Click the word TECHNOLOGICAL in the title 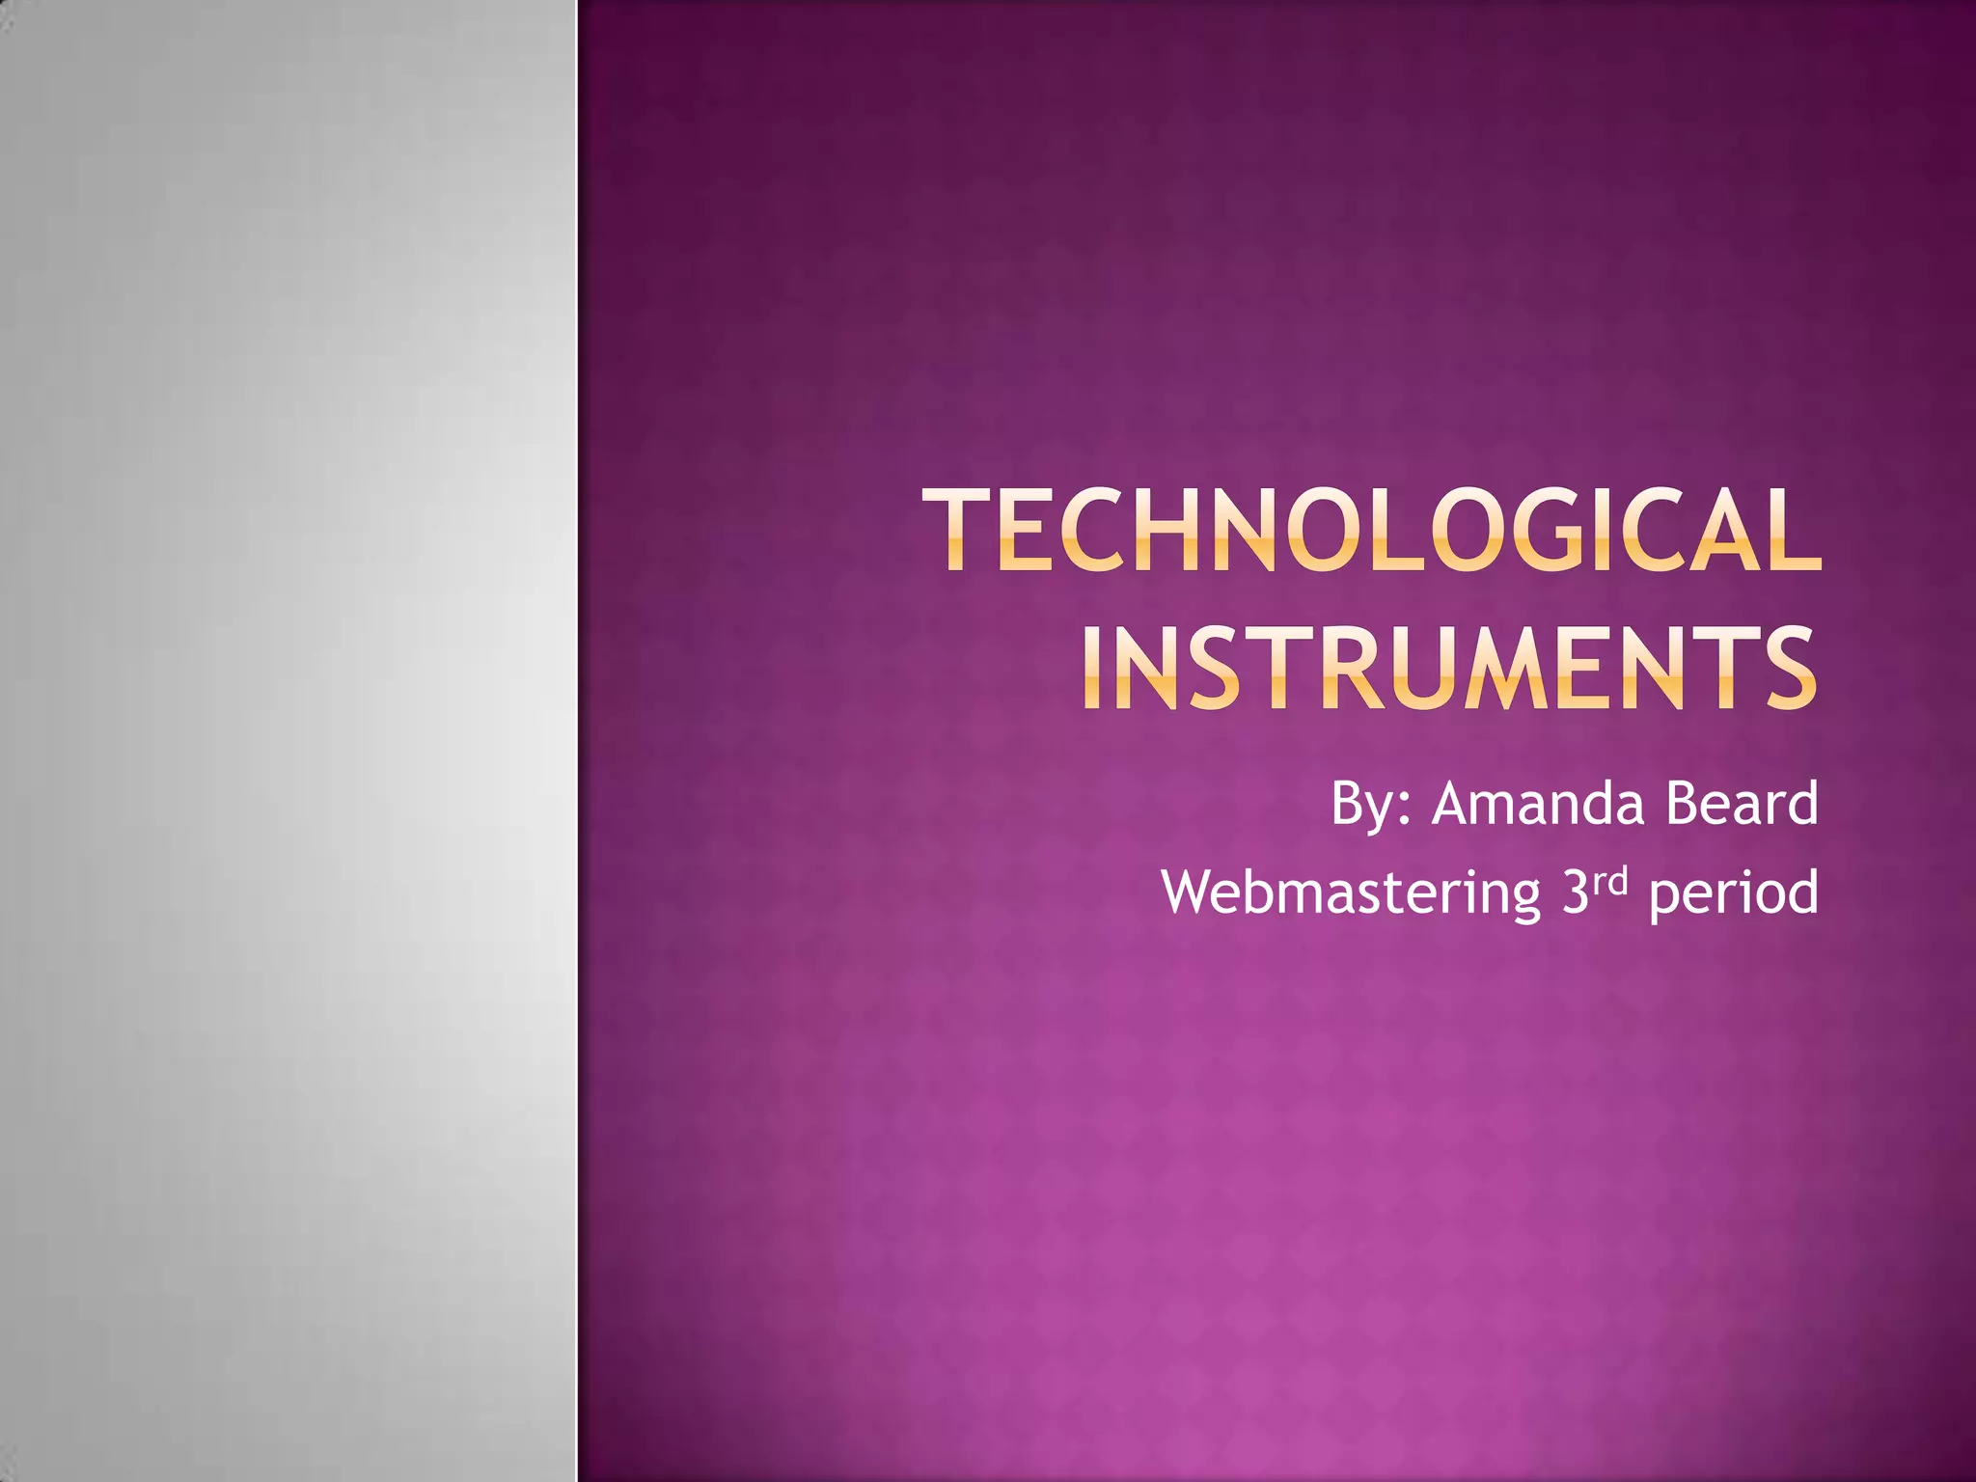click(x=1371, y=531)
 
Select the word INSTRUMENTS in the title click(x=1447, y=669)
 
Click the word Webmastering click(x=1351, y=892)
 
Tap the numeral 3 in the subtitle click(x=1575, y=892)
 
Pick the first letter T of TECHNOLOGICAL click(x=960, y=531)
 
